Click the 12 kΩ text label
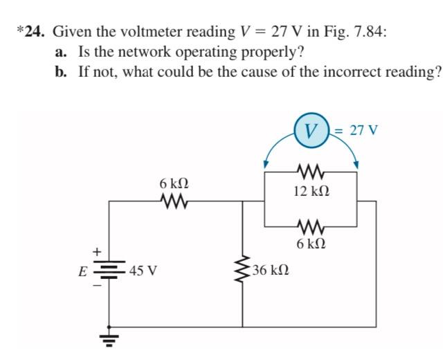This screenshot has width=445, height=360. [310, 190]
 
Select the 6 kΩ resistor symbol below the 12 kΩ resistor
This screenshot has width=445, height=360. [310, 226]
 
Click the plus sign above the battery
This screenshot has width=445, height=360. [98, 251]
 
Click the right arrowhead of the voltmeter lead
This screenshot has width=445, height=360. [357, 165]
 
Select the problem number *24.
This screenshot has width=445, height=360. [31, 31]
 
